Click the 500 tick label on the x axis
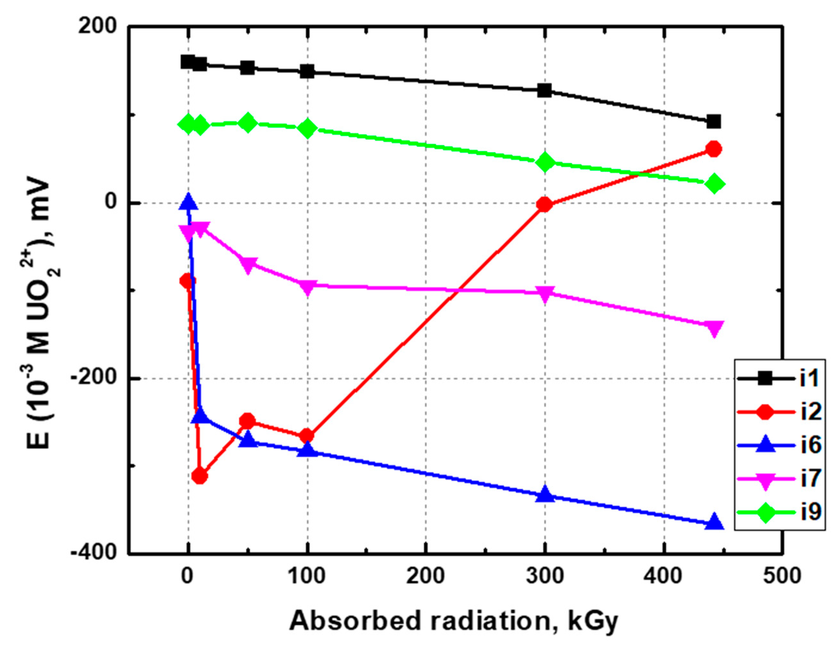pos(782,576)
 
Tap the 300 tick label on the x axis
pos(545,576)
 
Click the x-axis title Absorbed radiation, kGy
pos(453,621)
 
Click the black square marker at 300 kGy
pos(544,91)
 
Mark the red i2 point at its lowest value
pos(199,476)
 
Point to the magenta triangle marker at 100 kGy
pos(307,287)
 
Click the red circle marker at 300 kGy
pos(544,204)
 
